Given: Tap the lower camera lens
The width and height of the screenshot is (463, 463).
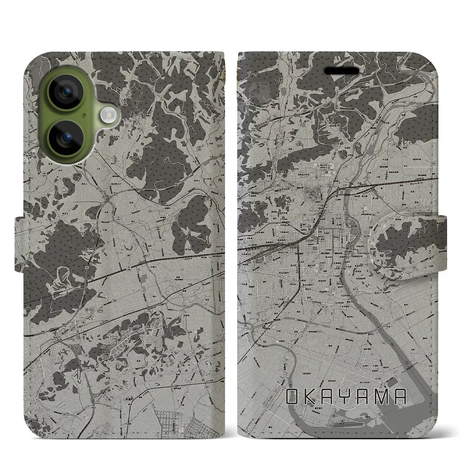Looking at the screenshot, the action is [67, 137].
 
